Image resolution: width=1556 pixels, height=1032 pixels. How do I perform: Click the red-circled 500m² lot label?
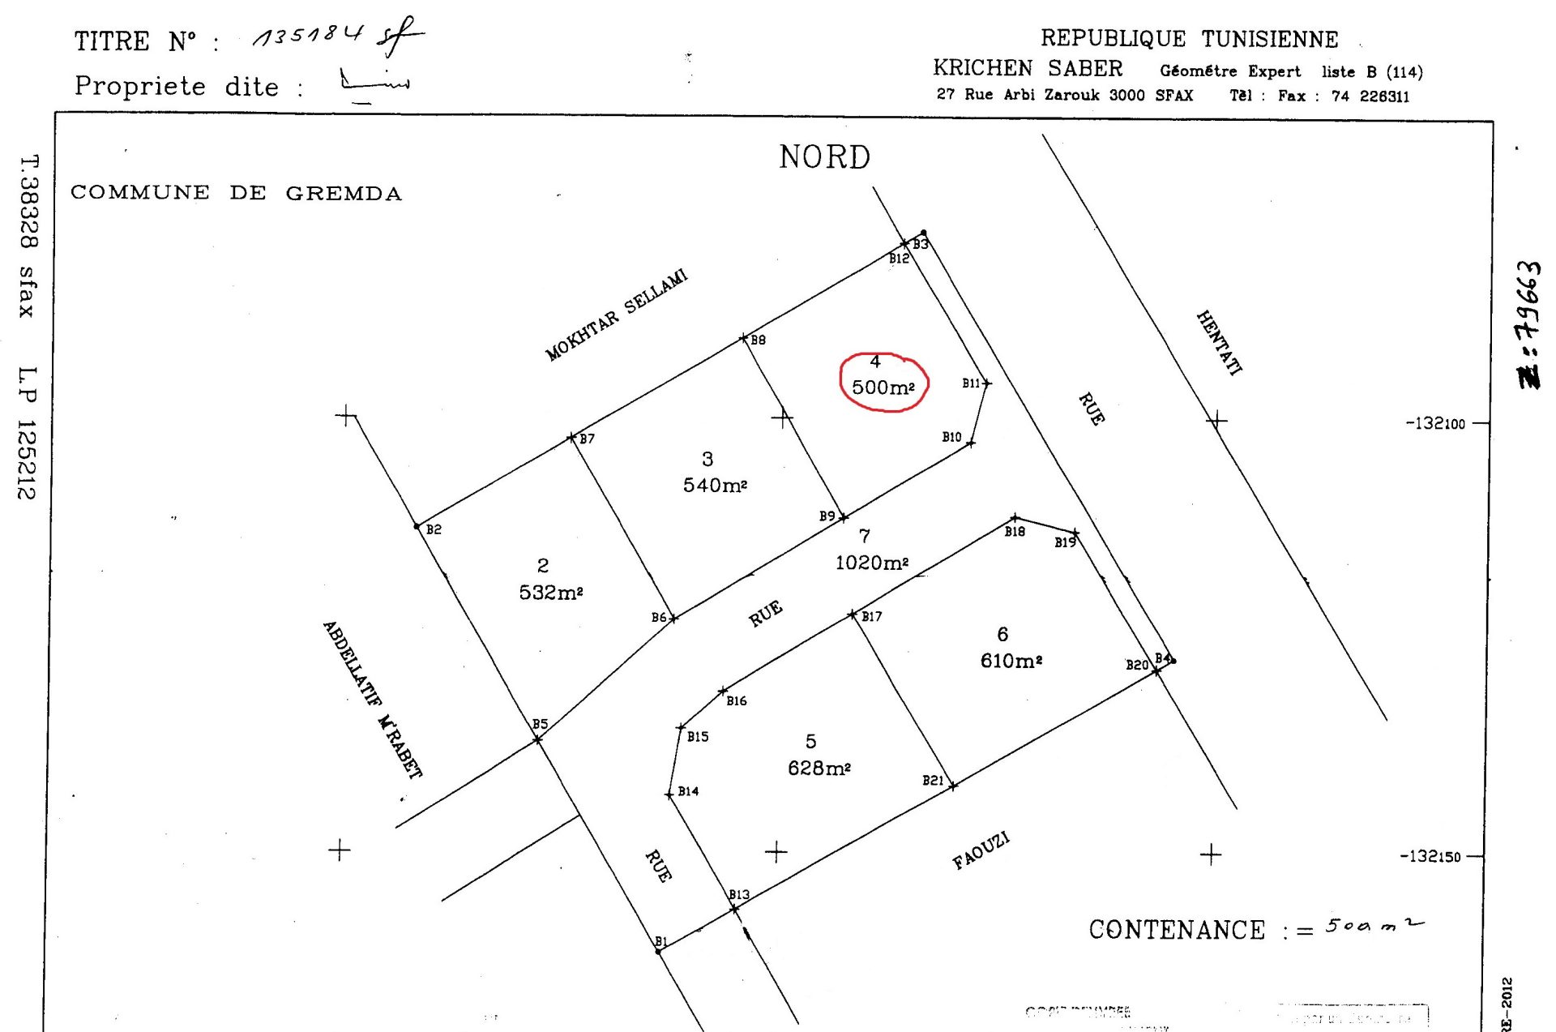point(883,387)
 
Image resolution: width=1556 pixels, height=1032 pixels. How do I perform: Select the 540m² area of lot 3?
point(714,485)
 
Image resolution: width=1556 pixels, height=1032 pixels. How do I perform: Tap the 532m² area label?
point(551,592)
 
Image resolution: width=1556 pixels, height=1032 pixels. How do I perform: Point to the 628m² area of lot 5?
point(819,767)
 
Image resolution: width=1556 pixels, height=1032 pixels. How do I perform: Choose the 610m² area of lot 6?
point(1011,660)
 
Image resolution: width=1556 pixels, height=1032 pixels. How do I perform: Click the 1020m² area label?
point(871,562)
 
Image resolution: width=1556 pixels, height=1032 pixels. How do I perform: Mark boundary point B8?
point(744,337)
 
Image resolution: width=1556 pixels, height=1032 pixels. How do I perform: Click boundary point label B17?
point(871,616)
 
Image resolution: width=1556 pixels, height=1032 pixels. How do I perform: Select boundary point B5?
point(537,739)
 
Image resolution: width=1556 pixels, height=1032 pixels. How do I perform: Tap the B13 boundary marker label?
point(738,894)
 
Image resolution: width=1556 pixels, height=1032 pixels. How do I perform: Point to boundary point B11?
point(986,383)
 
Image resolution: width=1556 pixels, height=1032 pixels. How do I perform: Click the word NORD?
point(824,156)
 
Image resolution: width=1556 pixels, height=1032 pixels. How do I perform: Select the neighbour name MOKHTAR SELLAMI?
point(616,315)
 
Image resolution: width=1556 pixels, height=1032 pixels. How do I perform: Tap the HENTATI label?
point(1219,343)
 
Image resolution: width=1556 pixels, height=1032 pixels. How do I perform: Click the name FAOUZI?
point(981,850)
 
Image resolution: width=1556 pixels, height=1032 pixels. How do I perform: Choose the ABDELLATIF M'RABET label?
point(372,699)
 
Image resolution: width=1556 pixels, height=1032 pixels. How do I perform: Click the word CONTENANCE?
point(1176,930)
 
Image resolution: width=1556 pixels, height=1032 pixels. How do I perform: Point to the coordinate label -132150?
point(1430,856)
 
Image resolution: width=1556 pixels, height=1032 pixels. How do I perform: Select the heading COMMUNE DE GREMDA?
point(236,193)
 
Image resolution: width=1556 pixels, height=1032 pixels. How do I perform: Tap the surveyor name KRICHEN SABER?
point(1028,68)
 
